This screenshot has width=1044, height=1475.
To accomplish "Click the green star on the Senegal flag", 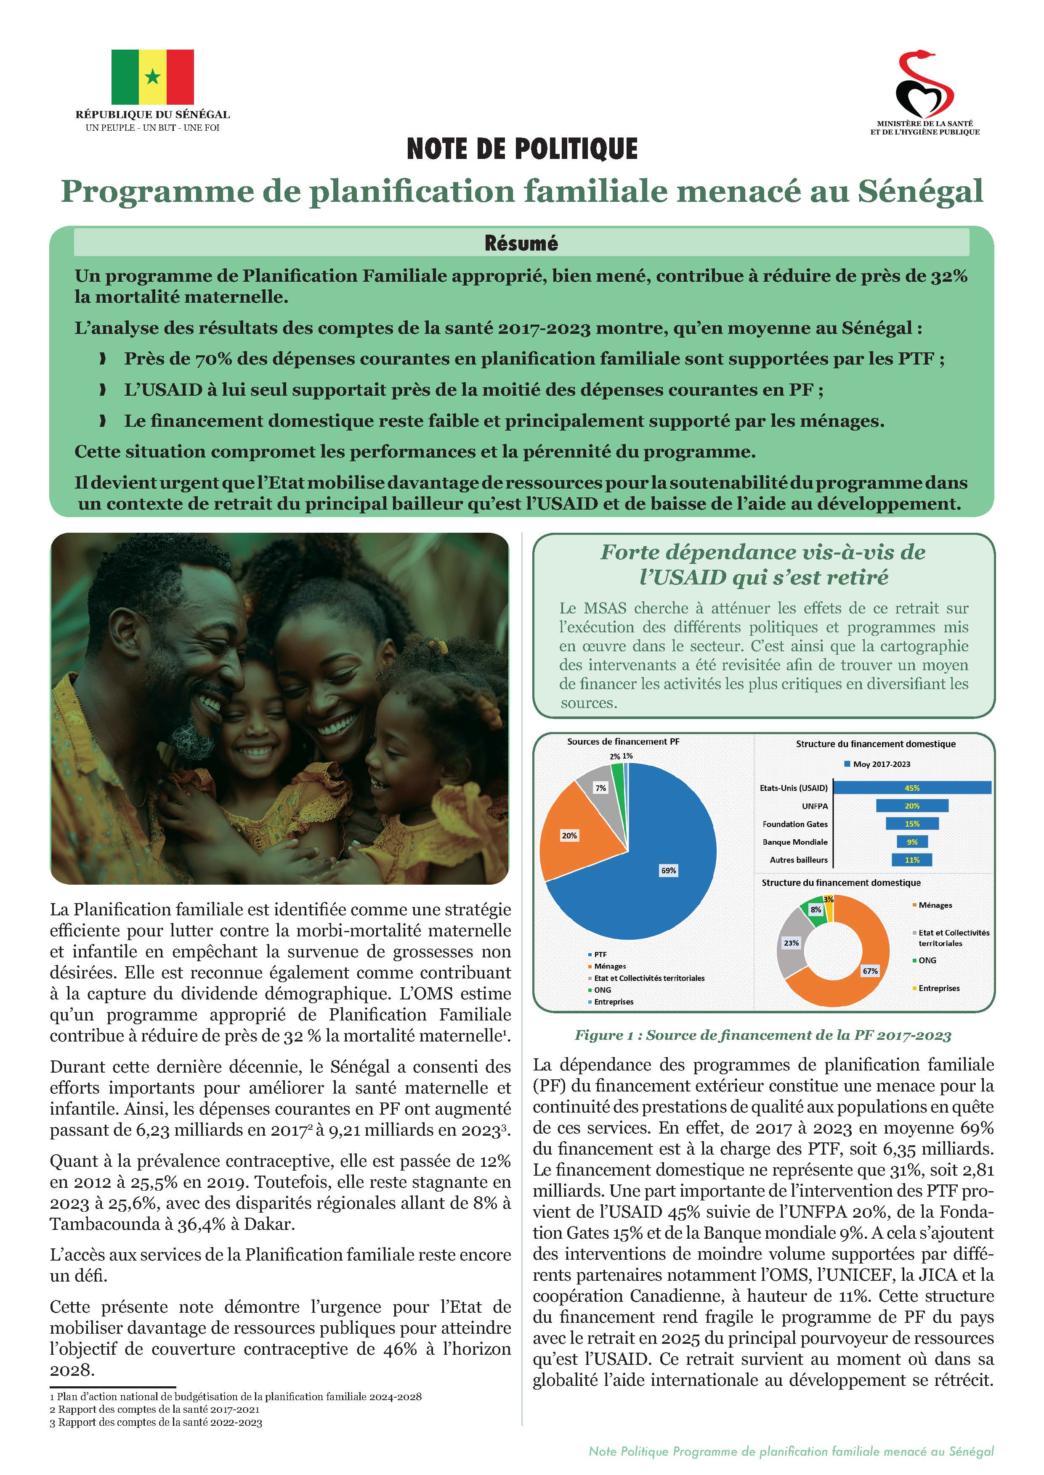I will pyautogui.click(x=152, y=77).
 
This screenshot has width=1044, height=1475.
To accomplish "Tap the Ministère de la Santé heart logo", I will pyautogui.click(x=924, y=84).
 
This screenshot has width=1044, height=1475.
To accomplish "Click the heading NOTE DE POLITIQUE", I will pyautogui.click(x=522, y=149).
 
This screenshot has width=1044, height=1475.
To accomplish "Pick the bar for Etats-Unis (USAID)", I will pyautogui.click(x=911, y=788).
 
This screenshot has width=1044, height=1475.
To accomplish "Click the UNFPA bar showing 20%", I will pyautogui.click(x=911, y=806).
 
